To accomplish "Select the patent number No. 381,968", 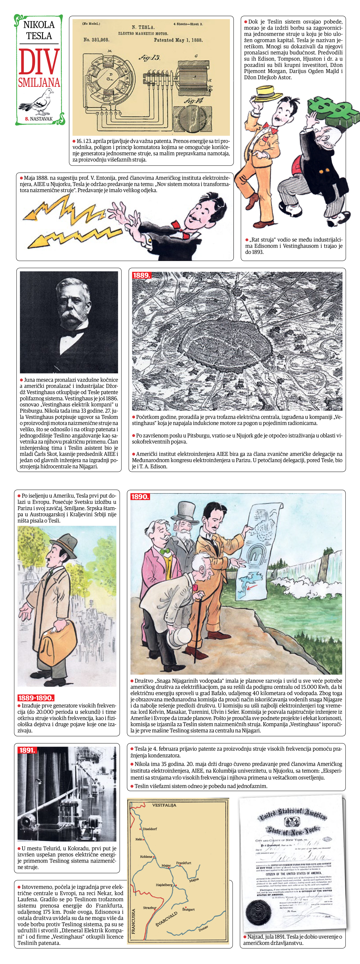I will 96,40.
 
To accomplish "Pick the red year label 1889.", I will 141,275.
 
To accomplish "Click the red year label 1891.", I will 27,750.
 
